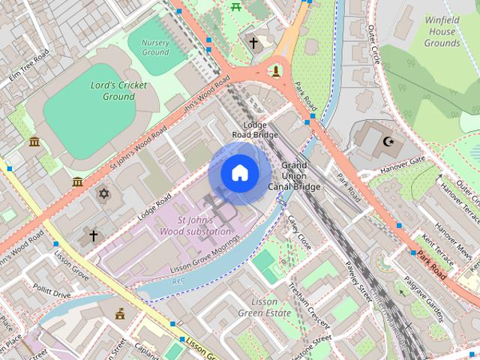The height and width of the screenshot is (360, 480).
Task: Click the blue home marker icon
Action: click(x=239, y=172)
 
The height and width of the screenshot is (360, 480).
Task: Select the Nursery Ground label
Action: click(x=155, y=47)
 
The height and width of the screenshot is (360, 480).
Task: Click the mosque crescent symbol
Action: click(x=388, y=141)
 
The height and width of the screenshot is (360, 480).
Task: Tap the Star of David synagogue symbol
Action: click(x=103, y=194)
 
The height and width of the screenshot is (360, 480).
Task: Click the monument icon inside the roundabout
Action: click(x=276, y=71)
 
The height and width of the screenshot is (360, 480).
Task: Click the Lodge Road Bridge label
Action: click(x=255, y=130)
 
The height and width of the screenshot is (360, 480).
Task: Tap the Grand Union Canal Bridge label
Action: click(x=300, y=175)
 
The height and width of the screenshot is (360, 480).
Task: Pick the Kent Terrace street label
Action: click(x=438, y=250)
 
